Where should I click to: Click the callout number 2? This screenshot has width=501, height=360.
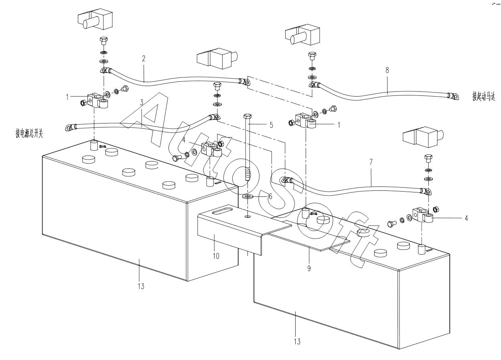pos(143,59)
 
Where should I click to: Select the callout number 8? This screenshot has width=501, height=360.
pos(387,70)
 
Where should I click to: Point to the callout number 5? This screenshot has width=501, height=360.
pos(271,125)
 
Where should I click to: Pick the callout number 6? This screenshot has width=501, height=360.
pos(270,197)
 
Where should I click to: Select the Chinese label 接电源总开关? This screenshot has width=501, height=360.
pos(30,134)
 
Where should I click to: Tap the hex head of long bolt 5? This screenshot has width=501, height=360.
pos(248,117)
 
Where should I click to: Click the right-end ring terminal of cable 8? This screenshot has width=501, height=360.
pos(454,95)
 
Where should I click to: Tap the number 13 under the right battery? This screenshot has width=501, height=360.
pos(296,342)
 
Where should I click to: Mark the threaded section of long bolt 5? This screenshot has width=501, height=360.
pos(248,174)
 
